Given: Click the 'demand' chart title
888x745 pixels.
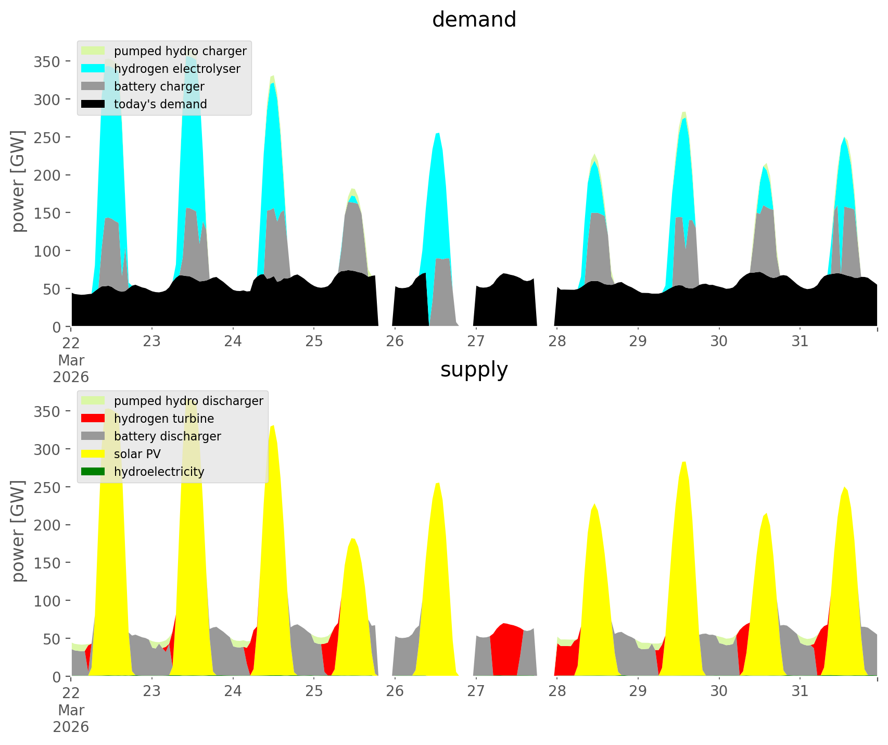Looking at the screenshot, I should (x=474, y=20).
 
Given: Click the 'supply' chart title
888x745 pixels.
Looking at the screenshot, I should (x=474, y=370).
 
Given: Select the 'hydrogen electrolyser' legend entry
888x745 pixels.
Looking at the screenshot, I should (x=177, y=69).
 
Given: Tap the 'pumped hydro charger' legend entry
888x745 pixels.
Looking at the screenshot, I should (x=180, y=51).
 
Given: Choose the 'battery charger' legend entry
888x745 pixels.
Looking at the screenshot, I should (x=159, y=86).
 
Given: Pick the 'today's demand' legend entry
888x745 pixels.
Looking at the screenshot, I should (x=160, y=104).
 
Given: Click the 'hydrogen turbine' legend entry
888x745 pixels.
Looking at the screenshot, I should (x=163, y=419).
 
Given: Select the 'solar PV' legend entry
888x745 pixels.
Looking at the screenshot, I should (x=137, y=454).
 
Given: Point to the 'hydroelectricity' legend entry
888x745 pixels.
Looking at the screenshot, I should (x=159, y=472).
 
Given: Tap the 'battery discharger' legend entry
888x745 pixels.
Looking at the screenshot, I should (x=167, y=436).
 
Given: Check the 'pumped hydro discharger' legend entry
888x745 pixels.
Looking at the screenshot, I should (x=188, y=401).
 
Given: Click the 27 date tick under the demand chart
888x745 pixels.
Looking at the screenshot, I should (x=476, y=342).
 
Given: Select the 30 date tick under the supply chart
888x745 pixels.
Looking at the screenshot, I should (x=719, y=691).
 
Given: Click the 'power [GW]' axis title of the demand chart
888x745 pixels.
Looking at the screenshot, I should (x=18, y=181).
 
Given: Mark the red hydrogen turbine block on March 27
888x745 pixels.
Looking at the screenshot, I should (x=506, y=651).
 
